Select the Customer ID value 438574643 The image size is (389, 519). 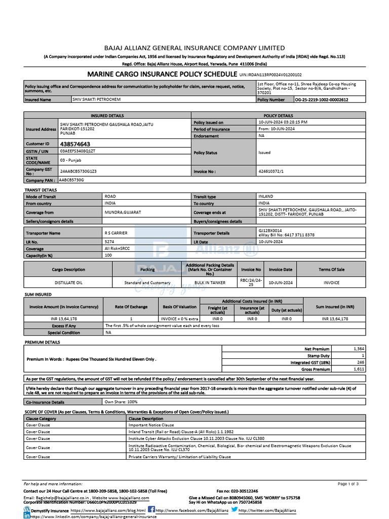75,144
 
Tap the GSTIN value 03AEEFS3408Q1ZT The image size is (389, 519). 77,151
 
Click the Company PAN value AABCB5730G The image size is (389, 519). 71,180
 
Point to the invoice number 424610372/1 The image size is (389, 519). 271,171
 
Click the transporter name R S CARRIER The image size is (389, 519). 116,233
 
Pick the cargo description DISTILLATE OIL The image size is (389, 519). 68,282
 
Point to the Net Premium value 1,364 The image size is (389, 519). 357,349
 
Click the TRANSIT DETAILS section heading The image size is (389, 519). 41,190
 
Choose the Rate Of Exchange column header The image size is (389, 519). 131,307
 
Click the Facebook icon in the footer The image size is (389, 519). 151,509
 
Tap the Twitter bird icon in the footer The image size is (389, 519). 234,509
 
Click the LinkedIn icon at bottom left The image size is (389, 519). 26,515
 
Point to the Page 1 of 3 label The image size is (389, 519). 348,484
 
